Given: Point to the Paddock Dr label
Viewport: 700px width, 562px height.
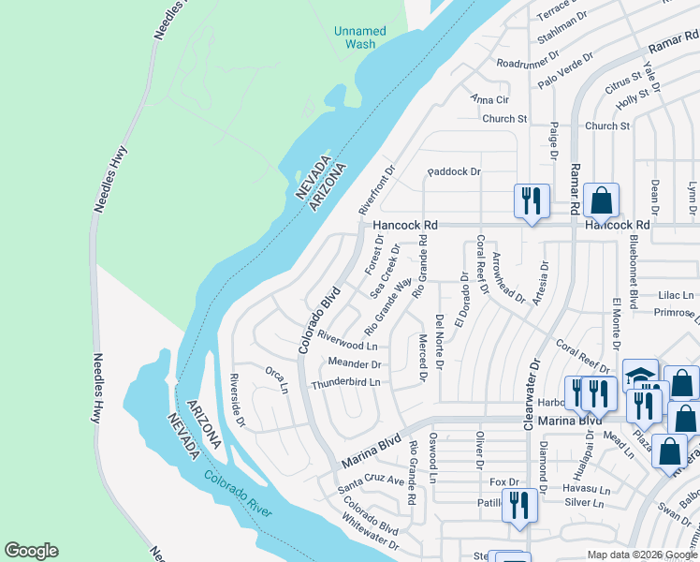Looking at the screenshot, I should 454,171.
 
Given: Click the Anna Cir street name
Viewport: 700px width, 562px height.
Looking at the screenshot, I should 489,99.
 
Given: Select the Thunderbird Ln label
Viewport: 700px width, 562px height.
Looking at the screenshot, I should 346,383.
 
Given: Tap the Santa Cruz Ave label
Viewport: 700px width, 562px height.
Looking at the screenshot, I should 371,481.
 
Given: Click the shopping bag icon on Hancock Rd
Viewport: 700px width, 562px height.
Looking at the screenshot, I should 601,200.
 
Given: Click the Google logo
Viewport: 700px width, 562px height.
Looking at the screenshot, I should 31,551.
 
